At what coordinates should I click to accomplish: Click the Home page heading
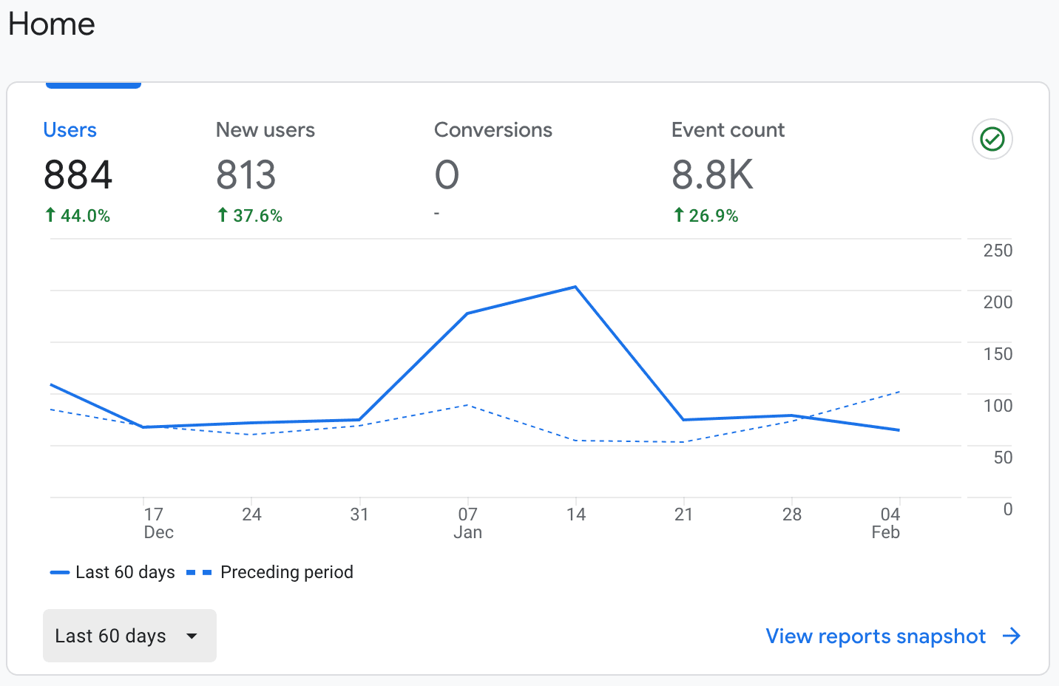52,24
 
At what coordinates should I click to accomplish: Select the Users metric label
70,130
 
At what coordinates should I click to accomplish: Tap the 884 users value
78,175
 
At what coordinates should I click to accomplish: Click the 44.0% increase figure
78,216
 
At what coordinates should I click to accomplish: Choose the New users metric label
265,130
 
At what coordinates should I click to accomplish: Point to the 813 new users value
246,175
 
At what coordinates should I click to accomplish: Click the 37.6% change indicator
250,216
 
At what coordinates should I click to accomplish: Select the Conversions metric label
493,130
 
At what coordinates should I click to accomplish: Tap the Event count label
728,130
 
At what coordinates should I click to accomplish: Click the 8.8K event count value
712,175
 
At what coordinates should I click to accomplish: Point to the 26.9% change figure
706,216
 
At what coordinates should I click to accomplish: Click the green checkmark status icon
992,139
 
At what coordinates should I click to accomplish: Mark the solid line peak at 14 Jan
575,287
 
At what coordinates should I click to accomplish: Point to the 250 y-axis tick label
998,251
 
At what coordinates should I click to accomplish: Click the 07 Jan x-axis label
467,523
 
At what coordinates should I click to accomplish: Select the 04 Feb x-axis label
887,523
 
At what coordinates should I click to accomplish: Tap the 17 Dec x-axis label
156,523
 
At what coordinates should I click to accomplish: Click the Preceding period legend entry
271,572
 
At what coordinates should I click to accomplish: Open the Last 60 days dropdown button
129,636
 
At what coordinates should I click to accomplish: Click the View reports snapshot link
893,636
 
